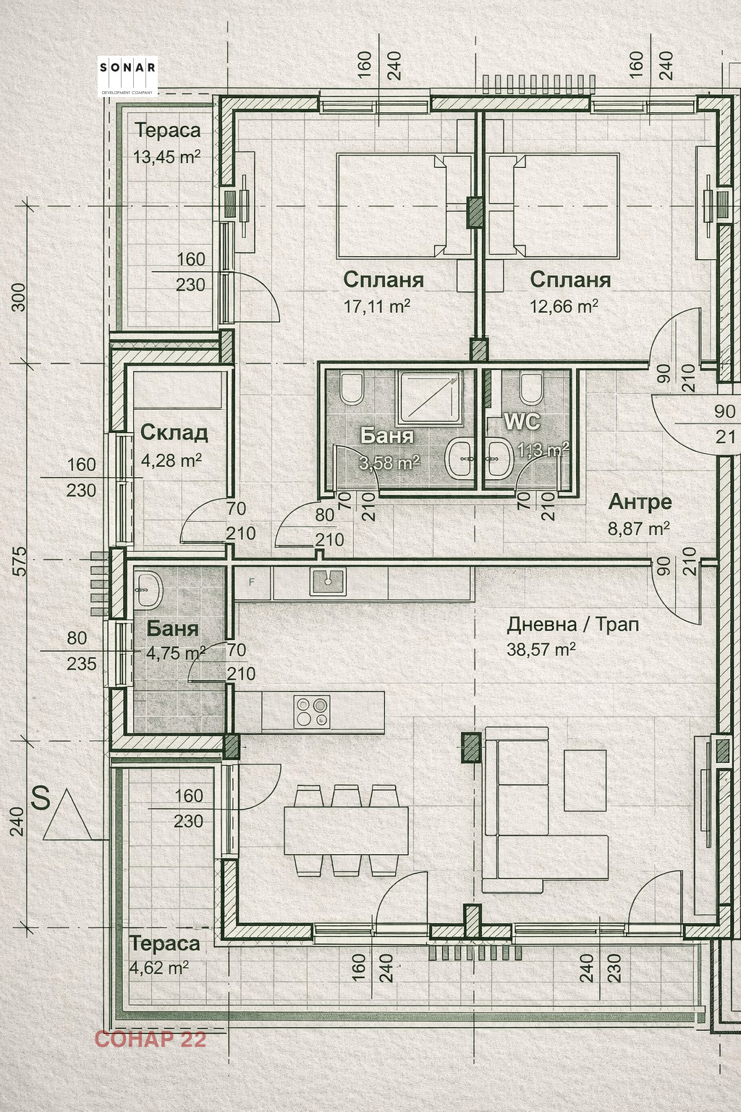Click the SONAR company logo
(127, 76)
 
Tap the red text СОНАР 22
(150, 1039)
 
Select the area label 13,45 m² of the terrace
(166, 156)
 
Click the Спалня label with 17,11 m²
(383, 279)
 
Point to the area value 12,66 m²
(564, 306)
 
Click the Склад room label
(174, 432)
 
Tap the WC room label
(522, 421)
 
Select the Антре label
(640, 502)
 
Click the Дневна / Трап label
(572, 624)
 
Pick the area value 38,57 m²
(541, 649)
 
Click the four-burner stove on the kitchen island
(312, 711)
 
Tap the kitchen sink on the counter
(328, 580)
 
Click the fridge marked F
(252, 582)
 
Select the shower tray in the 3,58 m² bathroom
(430, 396)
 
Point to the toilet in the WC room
(530, 388)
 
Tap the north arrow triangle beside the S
(67, 817)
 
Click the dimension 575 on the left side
(19, 561)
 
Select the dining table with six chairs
(346, 830)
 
